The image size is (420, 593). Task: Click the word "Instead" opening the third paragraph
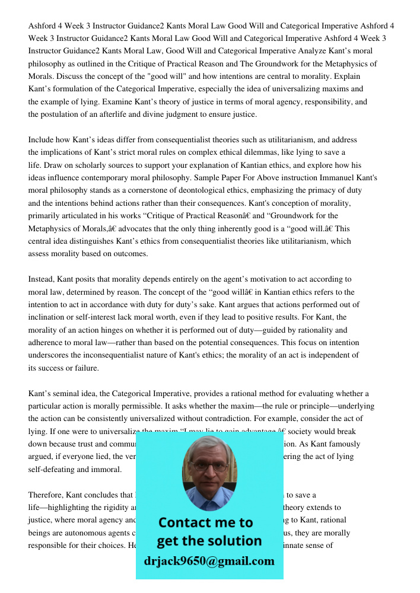click(x=43, y=279)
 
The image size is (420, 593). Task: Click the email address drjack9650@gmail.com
click(x=209, y=561)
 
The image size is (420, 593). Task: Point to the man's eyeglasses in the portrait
click(x=208, y=466)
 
